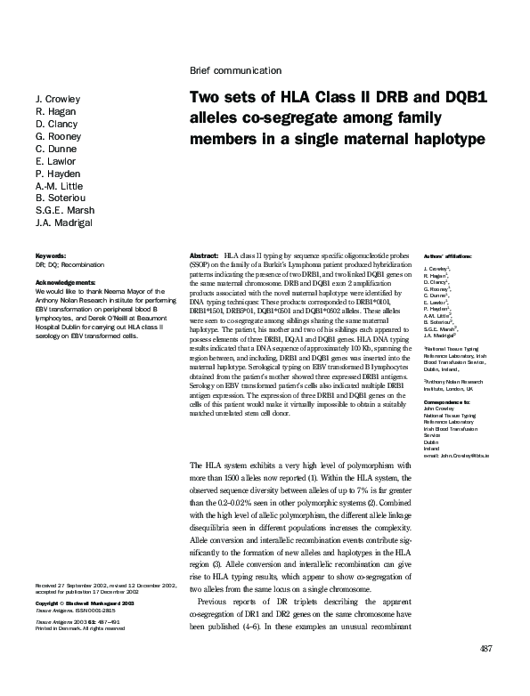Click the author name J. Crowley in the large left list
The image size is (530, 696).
pos(58,99)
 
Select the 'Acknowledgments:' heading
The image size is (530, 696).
pos(63,282)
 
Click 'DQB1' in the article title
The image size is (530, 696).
pos(464,100)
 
